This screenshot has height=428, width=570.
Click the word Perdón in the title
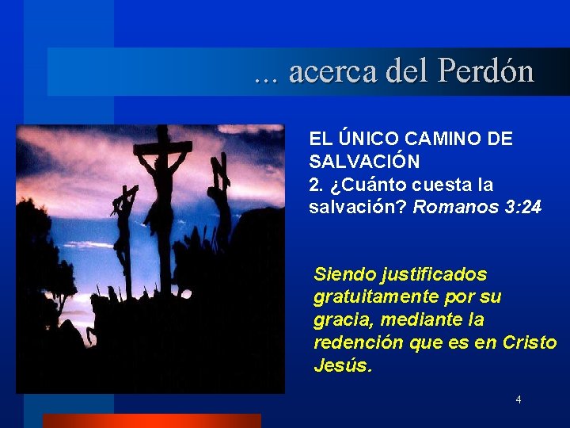pyautogui.click(x=486, y=72)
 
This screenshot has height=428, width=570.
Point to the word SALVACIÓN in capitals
pyautogui.click(x=364, y=162)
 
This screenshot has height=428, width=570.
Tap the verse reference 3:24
pyautogui.click(x=522, y=208)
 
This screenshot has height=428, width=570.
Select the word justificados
pyautogui.click(x=434, y=274)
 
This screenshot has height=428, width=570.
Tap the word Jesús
pyautogui.click(x=341, y=366)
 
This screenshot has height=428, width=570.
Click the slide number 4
pyautogui.click(x=519, y=399)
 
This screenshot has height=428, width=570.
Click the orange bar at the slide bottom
pyautogui.click(x=151, y=421)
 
